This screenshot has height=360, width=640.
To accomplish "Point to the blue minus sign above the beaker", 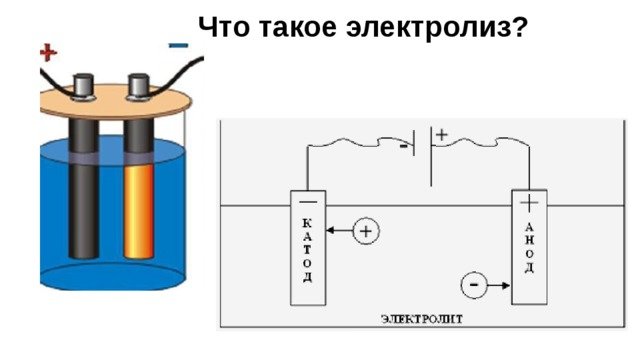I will (179, 44).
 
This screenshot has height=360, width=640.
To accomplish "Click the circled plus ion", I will (367, 233).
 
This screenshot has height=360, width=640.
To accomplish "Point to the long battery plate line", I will (432, 155).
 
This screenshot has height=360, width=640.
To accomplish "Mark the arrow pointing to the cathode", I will (338, 233).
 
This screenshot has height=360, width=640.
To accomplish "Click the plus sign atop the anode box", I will (529, 203).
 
